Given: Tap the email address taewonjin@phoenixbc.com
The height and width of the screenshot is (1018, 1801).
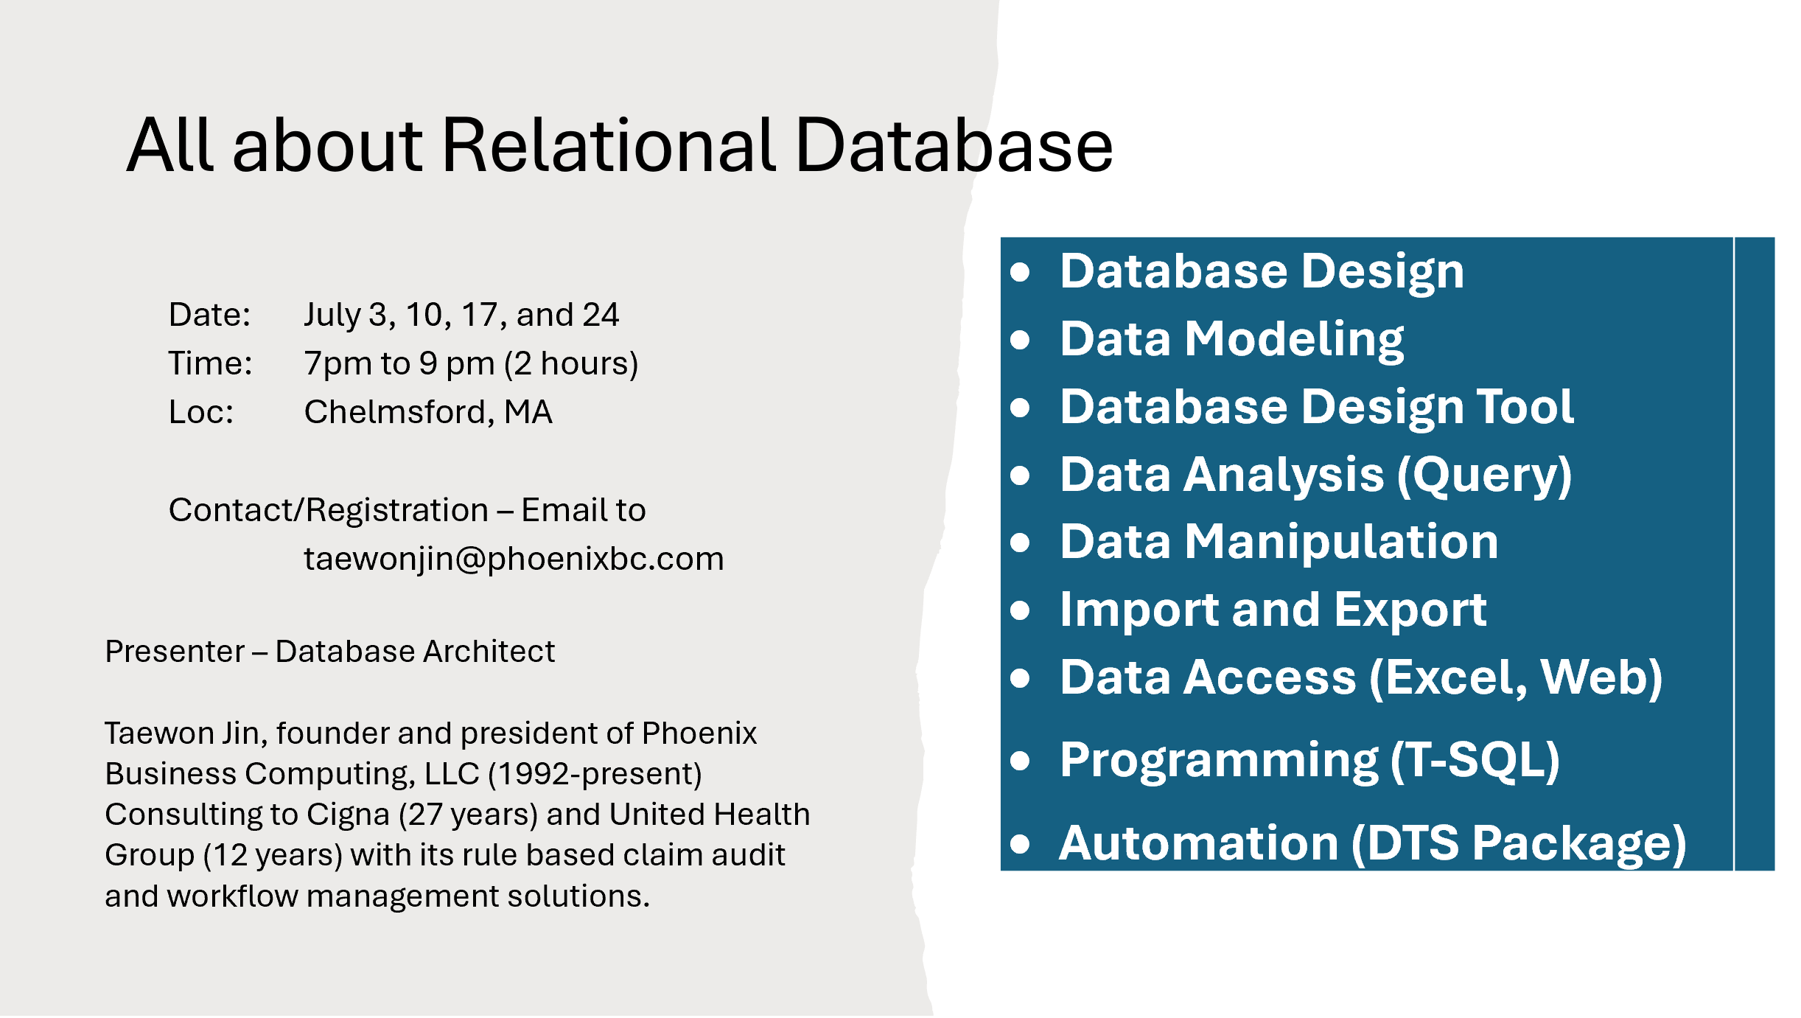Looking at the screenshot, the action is [514, 559].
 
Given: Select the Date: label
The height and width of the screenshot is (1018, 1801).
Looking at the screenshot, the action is [210, 315].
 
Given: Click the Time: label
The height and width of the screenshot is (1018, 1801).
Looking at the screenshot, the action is [210, 363].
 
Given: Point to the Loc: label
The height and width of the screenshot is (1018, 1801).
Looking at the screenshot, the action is [201, 412].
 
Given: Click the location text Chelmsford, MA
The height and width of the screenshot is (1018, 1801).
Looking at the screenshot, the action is [428, 412].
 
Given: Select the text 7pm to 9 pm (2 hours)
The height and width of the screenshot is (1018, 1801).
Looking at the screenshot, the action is [471, 363].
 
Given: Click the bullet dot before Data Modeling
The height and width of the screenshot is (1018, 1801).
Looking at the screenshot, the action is [1020, 340].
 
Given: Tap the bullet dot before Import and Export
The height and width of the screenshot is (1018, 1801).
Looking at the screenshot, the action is [1020, 610].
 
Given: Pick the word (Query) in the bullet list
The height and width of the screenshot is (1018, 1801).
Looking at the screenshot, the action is [1485, 475].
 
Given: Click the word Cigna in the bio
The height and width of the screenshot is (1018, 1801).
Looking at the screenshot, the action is [348, 815].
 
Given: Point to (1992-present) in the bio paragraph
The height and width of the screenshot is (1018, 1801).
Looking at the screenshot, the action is [595, 774].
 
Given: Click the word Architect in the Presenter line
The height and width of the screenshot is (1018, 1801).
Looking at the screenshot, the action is [489, 652].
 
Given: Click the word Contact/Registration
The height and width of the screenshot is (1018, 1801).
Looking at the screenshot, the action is [329, 510].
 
